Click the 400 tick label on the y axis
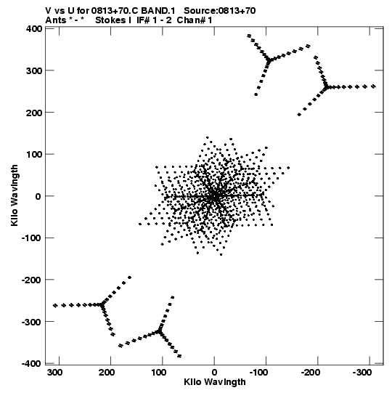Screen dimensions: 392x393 pyautogui.click(x=34, y=29)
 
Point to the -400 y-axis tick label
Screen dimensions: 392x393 pyautogui.click(x=32, y=364)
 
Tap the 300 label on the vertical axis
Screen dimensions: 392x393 pyautogui.click(x=34, y=70)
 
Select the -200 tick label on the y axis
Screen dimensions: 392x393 pyautogui.click(x=32, y=280)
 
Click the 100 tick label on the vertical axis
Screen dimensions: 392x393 pyautogui.click(x=34, y=155)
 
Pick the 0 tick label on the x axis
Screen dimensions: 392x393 pyautogui.click(x=214, y=373)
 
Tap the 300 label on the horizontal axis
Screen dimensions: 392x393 pyautogui.click(x=55, y=373)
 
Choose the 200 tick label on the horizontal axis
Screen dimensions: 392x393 pyautogui.click(x=107, y=373)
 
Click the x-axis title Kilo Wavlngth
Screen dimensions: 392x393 pyautogui.click(x=215, y=382)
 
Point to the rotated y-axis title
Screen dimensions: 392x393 pyautogui.click(x=15, y=195)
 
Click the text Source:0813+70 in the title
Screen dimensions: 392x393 pyautogui.click(x=220, y=11)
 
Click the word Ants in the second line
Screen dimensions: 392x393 pyautogui.click(x=55, y=20)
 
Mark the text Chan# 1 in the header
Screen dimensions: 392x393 pyautogui.click(x=195, y=20)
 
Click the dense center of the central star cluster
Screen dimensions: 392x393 pyautogui.click(x=214, y=196)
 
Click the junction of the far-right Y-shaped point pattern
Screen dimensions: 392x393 pyautogui.click(x=326, y=87)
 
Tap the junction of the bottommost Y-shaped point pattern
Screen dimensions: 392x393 pyautogui.click(x=159, y=331)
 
